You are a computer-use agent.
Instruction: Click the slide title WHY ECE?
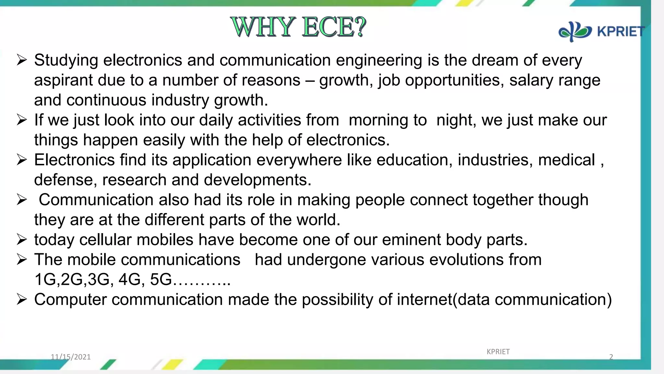click(298, 27)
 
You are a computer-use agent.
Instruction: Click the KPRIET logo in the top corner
click(601, 31)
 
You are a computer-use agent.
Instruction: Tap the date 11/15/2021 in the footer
click(71, 357)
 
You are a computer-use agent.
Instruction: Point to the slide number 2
click(611, 357)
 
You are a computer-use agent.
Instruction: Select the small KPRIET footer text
click(498, 352)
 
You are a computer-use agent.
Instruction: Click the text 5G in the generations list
click(161, 280)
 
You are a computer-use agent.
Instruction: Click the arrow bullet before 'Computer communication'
click(22, 299)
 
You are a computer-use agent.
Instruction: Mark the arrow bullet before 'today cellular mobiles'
click(22, 240)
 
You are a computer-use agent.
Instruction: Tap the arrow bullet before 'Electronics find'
click(22, 160)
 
